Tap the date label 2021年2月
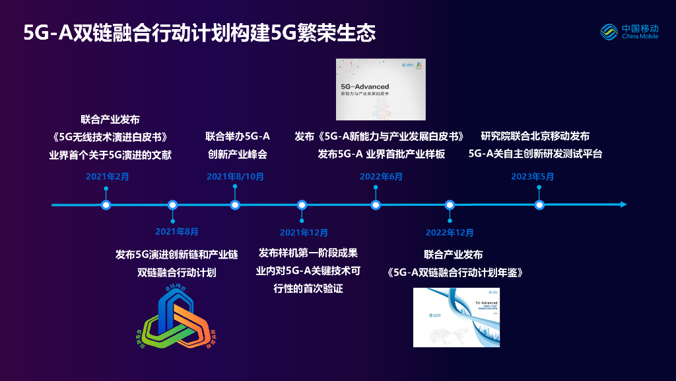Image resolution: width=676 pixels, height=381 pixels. (108, 177)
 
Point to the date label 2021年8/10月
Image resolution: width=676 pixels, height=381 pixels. (235, 177)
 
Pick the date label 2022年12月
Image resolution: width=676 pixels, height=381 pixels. (450, 232)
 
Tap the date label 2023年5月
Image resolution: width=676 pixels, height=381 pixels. (533, 177)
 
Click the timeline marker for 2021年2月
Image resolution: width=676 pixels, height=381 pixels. (106, 205)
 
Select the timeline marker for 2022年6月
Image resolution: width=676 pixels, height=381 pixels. (376, 205)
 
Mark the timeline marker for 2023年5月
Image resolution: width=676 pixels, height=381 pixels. (539, 205)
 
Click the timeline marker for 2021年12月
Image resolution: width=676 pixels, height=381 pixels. (302, 205)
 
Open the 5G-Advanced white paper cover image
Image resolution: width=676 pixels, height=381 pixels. (380, 89)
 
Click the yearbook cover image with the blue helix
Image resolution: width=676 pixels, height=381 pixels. (457, 318)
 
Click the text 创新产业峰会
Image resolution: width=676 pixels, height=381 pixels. (238, 155)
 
